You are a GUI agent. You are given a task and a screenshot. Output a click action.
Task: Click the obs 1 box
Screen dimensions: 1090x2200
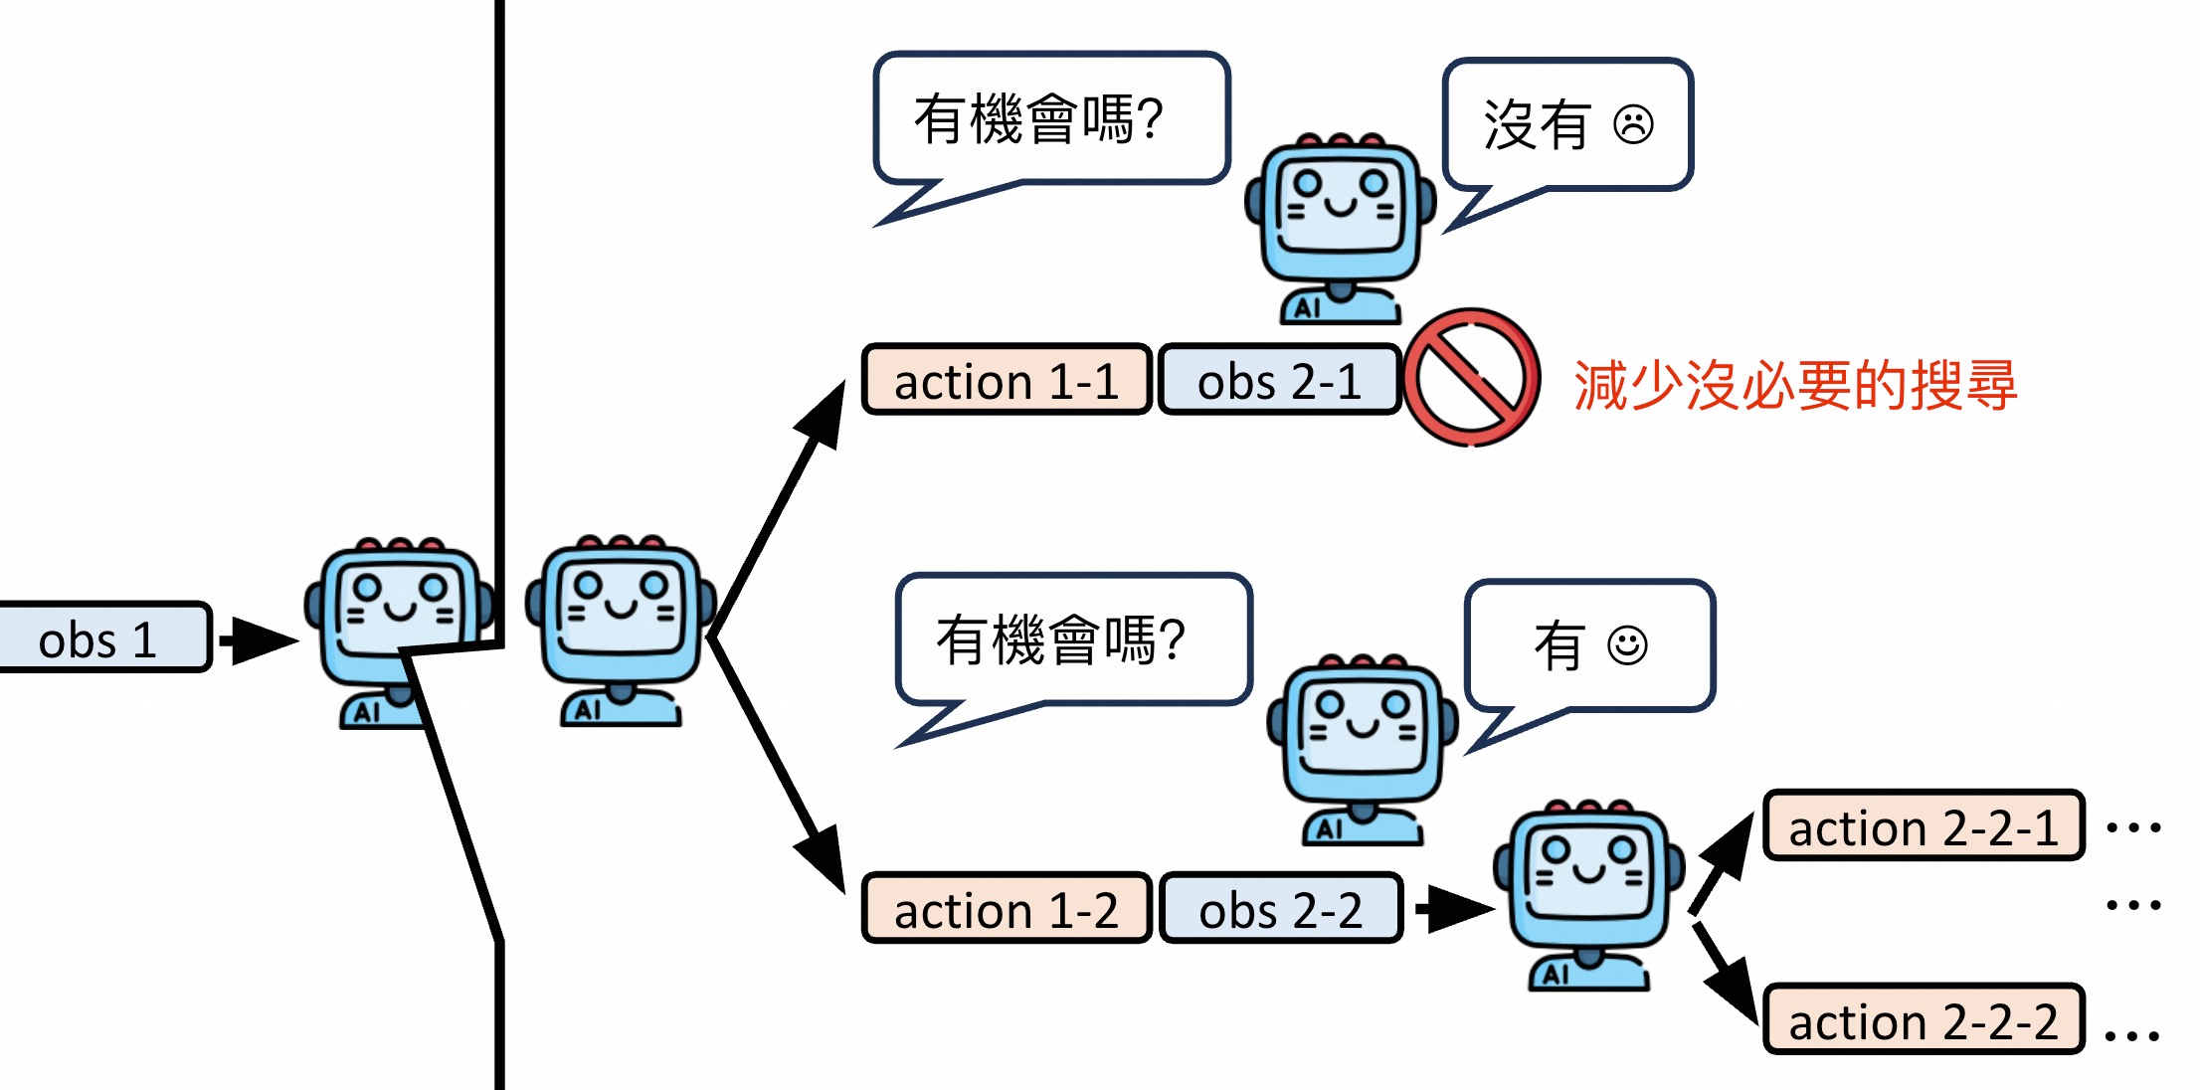coord(99,638)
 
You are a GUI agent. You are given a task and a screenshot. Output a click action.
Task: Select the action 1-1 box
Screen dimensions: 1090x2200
coord(1007,381)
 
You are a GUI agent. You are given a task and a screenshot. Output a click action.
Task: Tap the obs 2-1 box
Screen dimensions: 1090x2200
coord(1279,381)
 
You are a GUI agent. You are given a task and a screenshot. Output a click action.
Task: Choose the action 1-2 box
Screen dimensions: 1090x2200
coord(1007,909)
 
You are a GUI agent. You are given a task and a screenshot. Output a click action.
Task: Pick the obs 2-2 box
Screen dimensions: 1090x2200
coord(1280,909)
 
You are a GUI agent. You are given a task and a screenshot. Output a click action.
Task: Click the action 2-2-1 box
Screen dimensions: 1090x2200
coord(1923,826)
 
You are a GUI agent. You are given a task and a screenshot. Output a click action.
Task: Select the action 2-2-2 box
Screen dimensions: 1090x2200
coord(1923,1020)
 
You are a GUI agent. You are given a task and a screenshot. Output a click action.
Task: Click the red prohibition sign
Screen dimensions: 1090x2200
coord(1471,378)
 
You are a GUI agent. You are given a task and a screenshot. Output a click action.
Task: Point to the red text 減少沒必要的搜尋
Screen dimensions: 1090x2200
coord(1795,385)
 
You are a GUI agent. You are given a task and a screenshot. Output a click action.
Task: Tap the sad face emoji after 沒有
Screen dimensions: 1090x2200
coord(1633,125)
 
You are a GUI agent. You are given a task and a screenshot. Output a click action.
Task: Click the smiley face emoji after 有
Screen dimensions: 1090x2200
coord(1627,645)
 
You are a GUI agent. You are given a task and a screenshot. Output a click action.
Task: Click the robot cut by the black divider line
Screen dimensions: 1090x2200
coord(398,632)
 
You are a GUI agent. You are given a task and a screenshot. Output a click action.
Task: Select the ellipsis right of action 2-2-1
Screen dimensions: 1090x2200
coord(2133,827)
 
